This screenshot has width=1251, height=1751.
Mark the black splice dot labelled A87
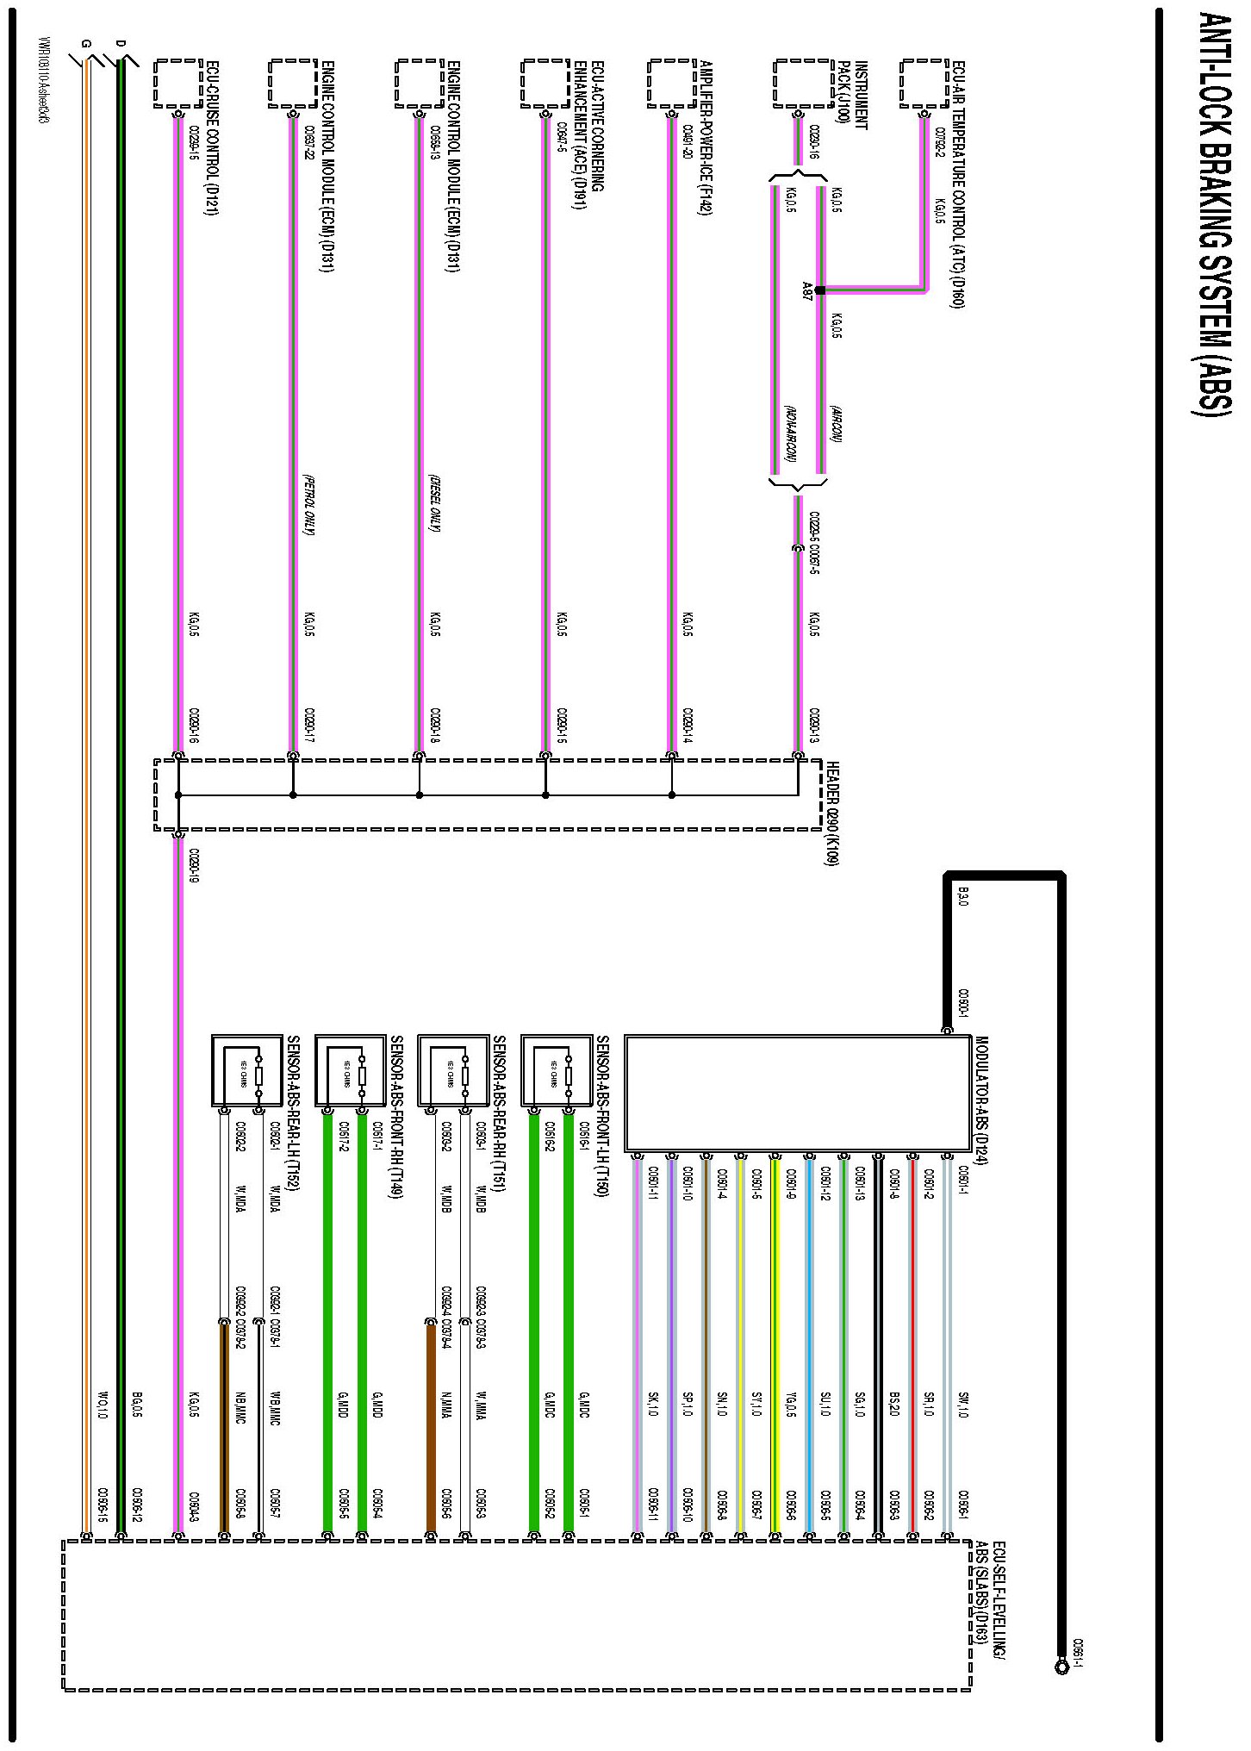point(819,290)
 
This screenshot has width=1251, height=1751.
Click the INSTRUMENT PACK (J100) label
point(848,96)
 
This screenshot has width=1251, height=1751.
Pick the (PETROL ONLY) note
point(308,504)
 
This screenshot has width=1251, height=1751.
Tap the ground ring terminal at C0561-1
point(1061,1667)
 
